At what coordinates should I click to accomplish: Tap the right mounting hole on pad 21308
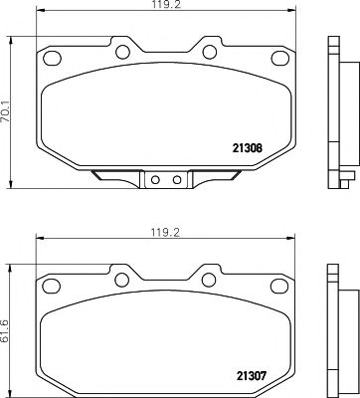tap(211, 49)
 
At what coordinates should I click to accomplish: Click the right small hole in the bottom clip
tap(175, 181)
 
